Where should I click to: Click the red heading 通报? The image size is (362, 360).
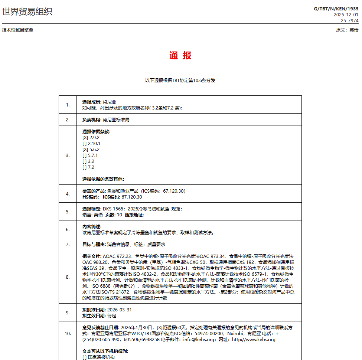(x=180, y=56)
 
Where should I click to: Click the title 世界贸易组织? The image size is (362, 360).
(x=27, y=12)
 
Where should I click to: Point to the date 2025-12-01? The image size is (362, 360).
(x=346, y=15)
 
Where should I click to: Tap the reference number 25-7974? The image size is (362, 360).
(x=349, y=21)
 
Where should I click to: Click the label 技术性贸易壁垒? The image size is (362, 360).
(x=18, y=30)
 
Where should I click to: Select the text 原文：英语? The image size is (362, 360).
(x=347, y=30)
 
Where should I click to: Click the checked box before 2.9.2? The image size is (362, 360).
(x=85, y=138)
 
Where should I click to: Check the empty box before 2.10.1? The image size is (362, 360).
(x=84, y=144)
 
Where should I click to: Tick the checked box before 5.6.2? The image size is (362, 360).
(x=85, y=150)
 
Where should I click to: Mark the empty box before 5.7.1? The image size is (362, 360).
(x=84, y=156)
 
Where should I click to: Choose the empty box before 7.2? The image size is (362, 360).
(x=84, y=167)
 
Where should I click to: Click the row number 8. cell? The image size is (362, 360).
(x=68, y=277)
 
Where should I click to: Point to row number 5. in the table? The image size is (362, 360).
(x=68, y=212)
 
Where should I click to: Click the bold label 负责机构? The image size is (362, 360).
(x=92, y=120)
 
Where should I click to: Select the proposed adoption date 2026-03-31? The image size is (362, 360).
(x=120, y=310)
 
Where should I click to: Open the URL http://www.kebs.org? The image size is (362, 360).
(x=254, y=340)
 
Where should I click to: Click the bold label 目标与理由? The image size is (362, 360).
(x=94, y=245)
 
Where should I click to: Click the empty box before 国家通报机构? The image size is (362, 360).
(x=84, y=357)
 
